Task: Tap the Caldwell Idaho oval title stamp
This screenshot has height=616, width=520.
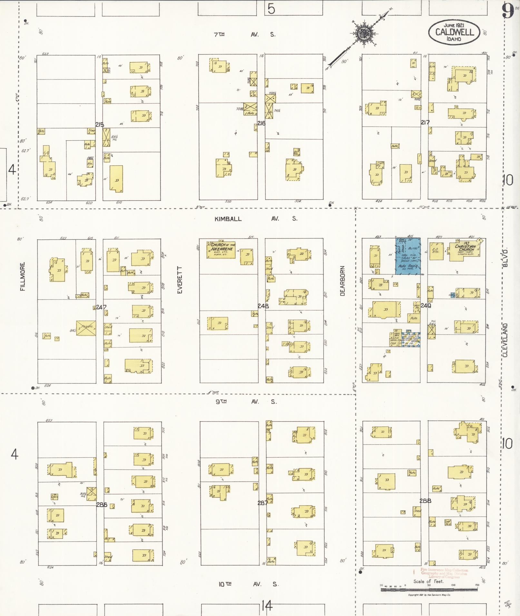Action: [x=454, y=32]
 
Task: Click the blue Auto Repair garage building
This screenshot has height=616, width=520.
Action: [x=408, y=256]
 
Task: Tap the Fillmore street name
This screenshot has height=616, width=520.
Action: [x=23, y=277]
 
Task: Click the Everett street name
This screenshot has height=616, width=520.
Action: [x=180, y=280]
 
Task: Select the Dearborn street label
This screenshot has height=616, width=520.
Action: [x=342, y=281]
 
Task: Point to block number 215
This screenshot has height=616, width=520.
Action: [x=100, y=125]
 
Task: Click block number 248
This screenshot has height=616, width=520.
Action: [x=263, y=306]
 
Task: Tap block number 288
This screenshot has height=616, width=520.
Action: [x=425, y=501]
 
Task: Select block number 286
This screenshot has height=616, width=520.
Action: [x=102, y=505]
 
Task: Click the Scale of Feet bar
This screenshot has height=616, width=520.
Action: [x=429, y=590]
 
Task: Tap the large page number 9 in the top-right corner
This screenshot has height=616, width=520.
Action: [x=508, y=12]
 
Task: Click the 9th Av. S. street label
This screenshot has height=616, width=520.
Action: [x=246, y=402]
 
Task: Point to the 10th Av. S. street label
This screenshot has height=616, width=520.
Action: [x=248, y=584]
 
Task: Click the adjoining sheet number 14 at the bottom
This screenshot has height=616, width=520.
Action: [x=267, y=606]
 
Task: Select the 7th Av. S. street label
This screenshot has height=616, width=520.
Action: [x=245, y=34]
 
